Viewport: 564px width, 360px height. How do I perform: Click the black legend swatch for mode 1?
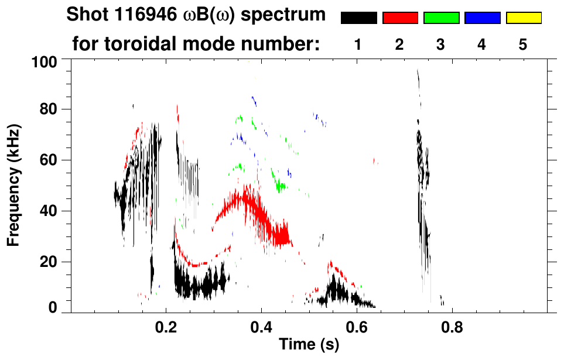pos(358,18)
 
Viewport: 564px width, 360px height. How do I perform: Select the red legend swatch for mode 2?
pos(400,18)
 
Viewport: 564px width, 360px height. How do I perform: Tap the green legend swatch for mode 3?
pos(441,18)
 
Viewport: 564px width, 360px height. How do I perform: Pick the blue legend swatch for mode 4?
pos(482,18)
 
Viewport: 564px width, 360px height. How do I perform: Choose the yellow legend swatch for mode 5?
pos(524,18)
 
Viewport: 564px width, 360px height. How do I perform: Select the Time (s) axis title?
pos(308,345)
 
